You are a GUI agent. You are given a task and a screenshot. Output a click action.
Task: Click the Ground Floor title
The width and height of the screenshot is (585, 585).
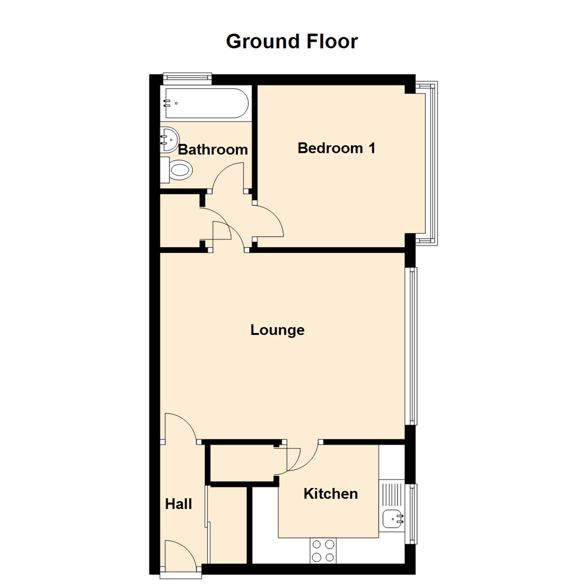[x=292, y=41]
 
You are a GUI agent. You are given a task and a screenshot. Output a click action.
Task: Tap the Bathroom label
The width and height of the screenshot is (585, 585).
[x=213, y=149]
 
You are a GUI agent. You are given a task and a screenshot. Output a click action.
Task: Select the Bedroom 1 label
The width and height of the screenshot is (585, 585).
[x=336, y=148]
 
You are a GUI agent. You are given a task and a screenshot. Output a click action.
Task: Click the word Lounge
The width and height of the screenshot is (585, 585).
[x=277, y=330]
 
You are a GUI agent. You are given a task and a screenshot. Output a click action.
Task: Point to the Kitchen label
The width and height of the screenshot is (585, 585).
[x=330, y=493]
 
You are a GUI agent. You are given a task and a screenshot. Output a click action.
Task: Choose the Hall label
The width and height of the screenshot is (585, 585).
[x=178, y=504]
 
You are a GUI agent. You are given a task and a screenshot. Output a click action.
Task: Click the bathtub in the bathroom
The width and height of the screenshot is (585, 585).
[x=205, y=103]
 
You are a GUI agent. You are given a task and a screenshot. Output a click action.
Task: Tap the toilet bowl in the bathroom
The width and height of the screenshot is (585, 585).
[x=180, y=171]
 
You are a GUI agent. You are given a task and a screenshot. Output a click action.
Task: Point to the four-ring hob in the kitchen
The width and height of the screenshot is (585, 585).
[x=323, y=551]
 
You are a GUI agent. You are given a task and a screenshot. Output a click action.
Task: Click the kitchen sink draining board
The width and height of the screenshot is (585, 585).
[x=391, y=493]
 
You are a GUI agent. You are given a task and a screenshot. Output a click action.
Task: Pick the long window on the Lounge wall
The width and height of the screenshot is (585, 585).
[x=413, y=345]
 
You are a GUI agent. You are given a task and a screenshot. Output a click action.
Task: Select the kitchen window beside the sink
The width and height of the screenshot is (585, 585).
[x=414, y=513]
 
